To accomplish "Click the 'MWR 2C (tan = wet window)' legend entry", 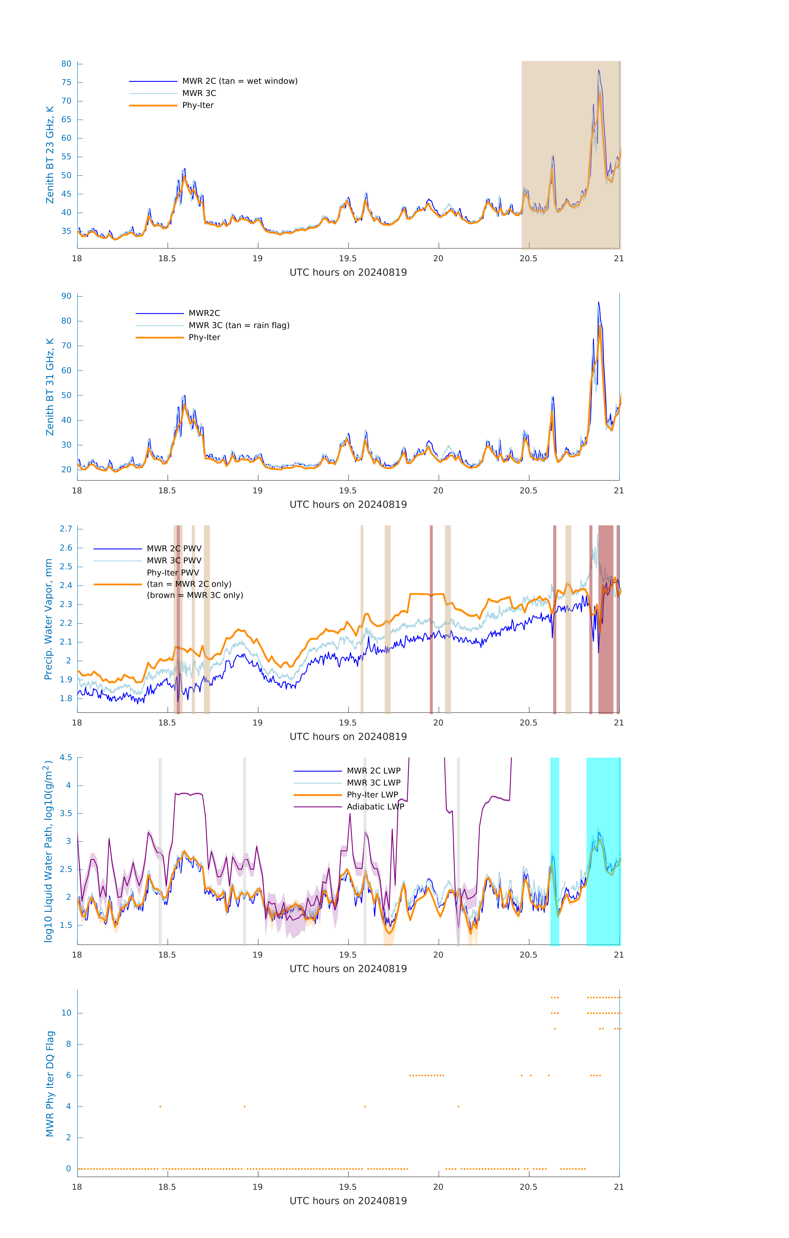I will [239, 81].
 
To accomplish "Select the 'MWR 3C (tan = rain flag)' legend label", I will [239, 325].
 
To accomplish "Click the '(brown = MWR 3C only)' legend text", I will [195, 595].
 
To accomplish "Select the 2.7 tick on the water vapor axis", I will [66, 529].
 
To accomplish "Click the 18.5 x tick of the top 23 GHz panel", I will [167, 259].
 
